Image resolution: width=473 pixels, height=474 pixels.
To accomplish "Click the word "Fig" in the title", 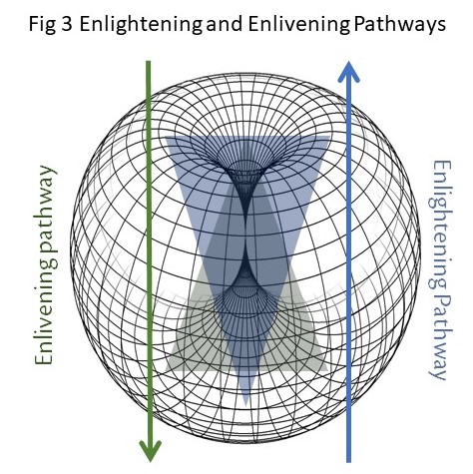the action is pos(42,25).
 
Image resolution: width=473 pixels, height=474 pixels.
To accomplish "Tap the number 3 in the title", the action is pos(67,24).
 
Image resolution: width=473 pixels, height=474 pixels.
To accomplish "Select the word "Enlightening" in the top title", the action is pos(141,25).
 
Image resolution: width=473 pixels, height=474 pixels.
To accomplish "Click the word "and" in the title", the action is pos(225,24).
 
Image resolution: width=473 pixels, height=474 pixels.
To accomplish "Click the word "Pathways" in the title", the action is pos(399,25).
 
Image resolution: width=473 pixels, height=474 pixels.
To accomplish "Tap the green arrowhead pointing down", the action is pos(150,451).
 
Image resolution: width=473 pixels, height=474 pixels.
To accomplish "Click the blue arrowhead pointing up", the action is pos(348,72).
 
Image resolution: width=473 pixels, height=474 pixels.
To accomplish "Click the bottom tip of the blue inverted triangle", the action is pos(245,405).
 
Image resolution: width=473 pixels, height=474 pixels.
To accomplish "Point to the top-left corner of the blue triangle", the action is pos(166,137).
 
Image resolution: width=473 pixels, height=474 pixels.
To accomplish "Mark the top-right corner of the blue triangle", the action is pos(329,137).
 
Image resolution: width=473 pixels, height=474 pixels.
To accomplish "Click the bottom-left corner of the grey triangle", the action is pos(166,371).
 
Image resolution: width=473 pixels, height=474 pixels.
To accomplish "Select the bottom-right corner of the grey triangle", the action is pos(328,371).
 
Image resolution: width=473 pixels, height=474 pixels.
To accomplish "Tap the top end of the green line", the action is pos(149,61).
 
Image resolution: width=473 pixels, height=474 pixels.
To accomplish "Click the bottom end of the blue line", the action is pos(348,462).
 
